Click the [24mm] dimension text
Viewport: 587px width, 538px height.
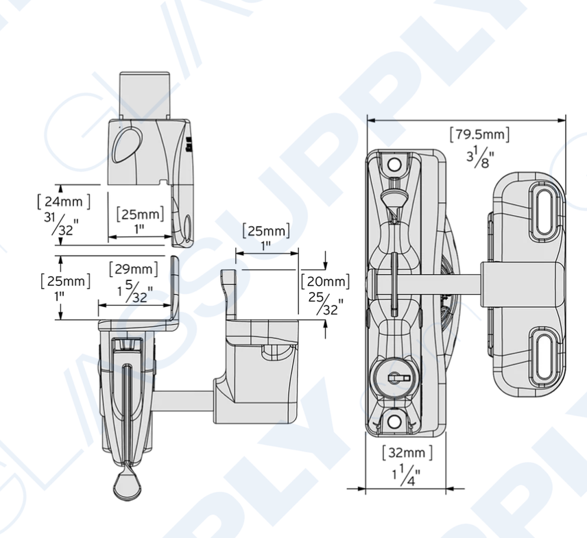(x=63, y=201)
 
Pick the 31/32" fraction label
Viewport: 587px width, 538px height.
(x=60, y=224)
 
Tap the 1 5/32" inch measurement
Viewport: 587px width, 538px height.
(x=134, y=293)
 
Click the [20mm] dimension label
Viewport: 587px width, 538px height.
(x=325, y=281)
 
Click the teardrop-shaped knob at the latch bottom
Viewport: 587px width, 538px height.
(x=128, y=486)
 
